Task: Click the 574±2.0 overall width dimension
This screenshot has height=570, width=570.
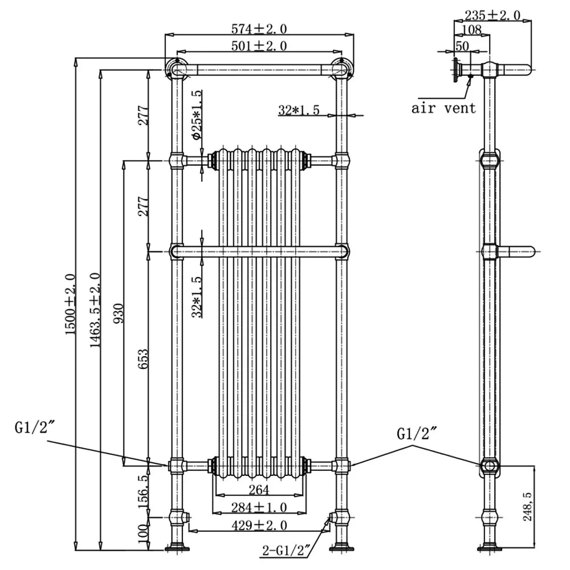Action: click(x=259, y=28)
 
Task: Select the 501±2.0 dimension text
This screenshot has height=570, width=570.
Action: click(x=259, y=46)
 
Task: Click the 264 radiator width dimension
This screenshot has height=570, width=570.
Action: click(x=259, y=490)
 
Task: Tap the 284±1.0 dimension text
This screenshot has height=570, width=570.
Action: click(x=259, y=507)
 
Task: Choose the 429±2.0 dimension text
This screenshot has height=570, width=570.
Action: click(x=259, y=525)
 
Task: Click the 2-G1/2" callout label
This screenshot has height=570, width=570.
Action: click(x=286, y=551)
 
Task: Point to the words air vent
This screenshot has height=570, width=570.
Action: click(x=443, y=108)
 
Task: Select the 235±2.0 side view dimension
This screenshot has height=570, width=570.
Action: click(x=492, y=15)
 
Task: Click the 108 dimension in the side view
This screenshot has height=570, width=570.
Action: click(x=471, y=30)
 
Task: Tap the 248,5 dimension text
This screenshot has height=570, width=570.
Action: click(x=527, y=507)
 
